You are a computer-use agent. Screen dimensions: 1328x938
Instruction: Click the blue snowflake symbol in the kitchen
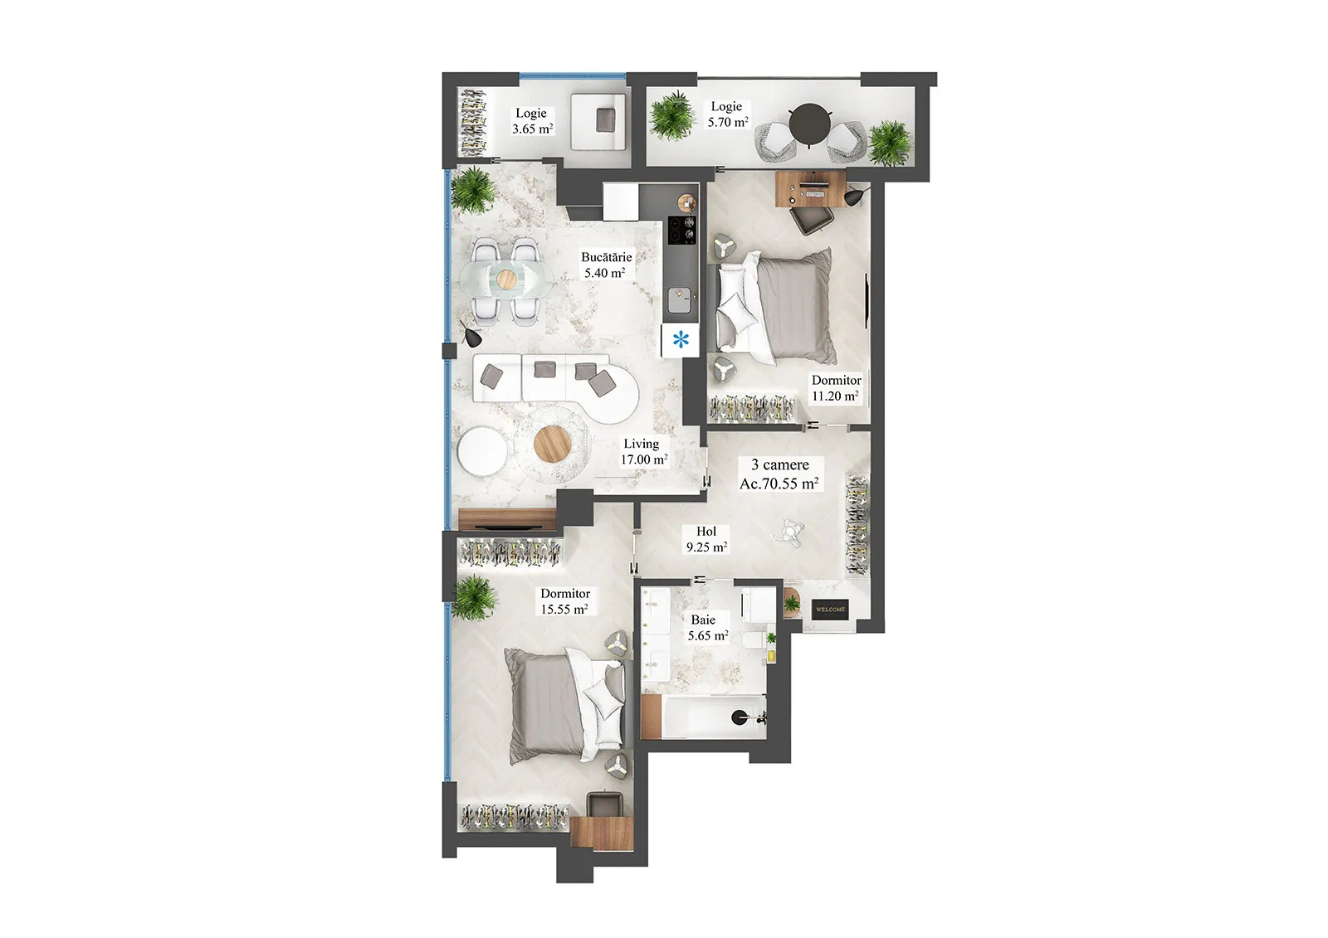pyautogui.click(x=681, y=340)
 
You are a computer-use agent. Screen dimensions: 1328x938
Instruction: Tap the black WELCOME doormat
pyautogui.click(x=830, y=609)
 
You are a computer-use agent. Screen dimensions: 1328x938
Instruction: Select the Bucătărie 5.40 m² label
pyautogui.click(x=606, y=265)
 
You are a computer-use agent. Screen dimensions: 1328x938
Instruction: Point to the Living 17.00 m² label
pyautogui.click(x=644, y=451)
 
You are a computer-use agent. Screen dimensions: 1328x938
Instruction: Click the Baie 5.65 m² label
pyautogui.click(x=708, y=628)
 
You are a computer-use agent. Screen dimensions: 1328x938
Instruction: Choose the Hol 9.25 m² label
pyautogui.click(x=706, y=539)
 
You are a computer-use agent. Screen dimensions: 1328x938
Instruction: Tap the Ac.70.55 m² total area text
pyautogui.click(x=779, y=484)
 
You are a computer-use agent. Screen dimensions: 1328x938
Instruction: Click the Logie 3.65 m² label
pyautogui.click(x=532, y=121)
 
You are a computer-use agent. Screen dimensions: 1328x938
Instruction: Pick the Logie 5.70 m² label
pyautogui.click(x=727, y=114)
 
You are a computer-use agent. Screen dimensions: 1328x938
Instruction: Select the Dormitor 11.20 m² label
pyautogui.click(x=836, y=388)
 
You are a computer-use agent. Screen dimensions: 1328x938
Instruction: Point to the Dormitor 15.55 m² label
pyautogui.click(x=564, y=600)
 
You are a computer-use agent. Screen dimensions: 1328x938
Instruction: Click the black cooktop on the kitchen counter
pyautogui.click(x=682, y=230)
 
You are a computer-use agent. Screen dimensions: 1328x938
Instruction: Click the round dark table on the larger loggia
pyautogui.click(x=810, y=124)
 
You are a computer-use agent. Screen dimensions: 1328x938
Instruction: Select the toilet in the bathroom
pyautogui.click(x=755, y=640)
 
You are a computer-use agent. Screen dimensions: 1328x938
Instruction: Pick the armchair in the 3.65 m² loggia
pyautogui.click(x=598, y=121)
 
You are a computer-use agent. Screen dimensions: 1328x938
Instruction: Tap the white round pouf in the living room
pyautogui.click(x=482, y=450)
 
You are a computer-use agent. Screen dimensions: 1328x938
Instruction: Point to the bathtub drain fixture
pyautogui.click(x=740, y=717)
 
